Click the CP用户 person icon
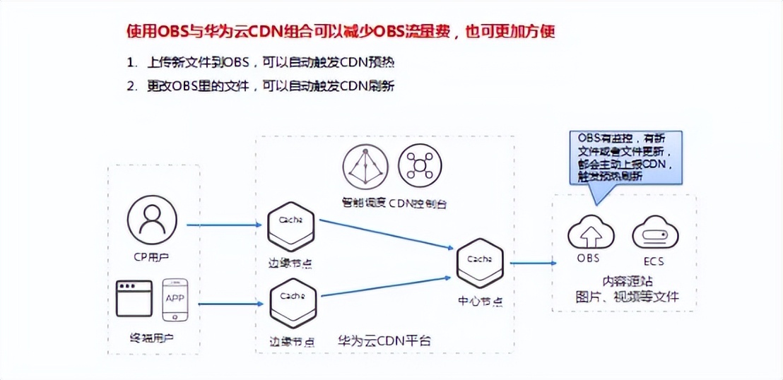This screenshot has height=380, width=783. pos(153,220)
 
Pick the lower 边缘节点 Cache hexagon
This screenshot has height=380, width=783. pos(293,302)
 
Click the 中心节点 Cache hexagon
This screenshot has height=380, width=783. pos(480,263)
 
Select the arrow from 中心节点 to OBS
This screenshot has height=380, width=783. pos(532,263)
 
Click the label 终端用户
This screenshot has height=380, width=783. pos(153,338)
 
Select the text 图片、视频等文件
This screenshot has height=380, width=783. pos(625,297)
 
